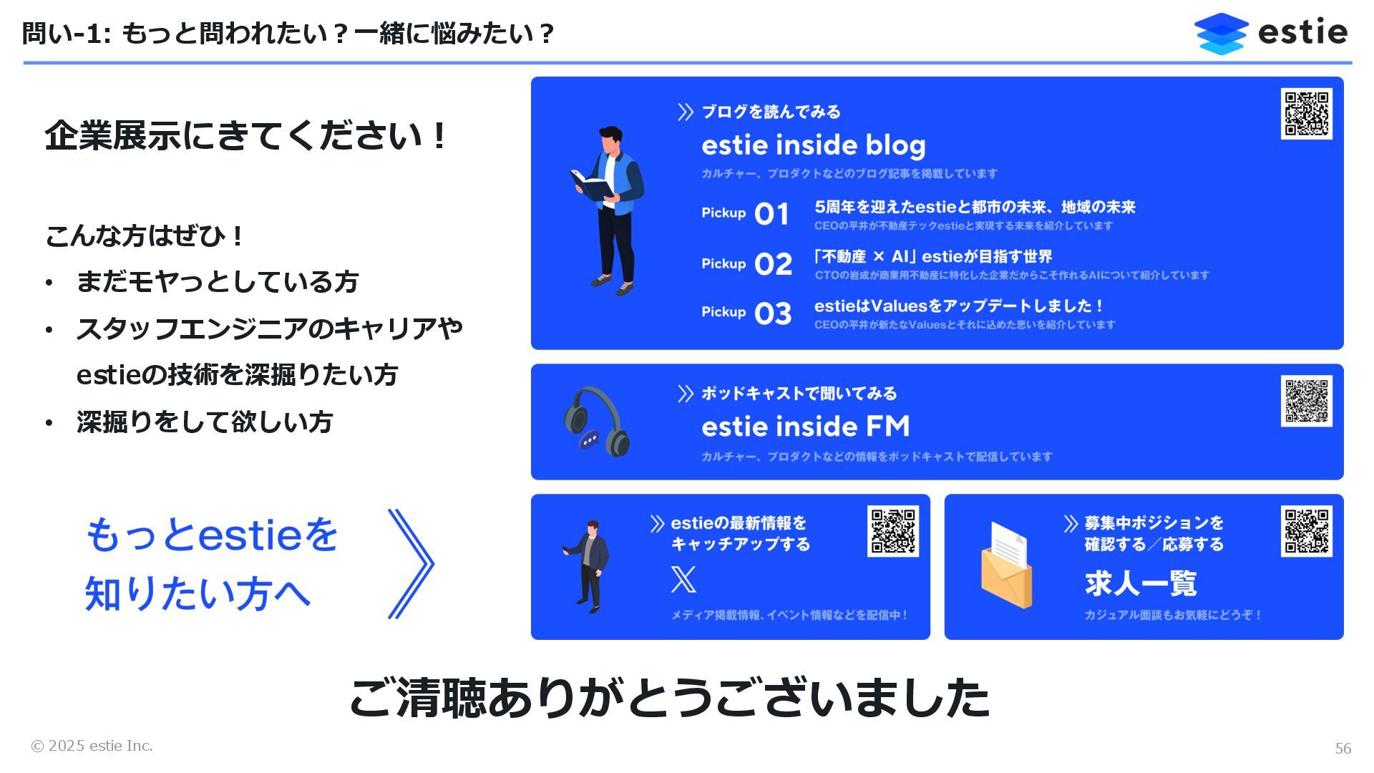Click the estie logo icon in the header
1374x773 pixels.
1221,33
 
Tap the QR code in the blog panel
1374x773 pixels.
1306,114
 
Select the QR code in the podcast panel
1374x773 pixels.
1306,401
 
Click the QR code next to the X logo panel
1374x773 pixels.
893,531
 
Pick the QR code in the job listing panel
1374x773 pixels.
1306,531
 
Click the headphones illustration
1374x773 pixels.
596,422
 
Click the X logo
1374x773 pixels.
683,579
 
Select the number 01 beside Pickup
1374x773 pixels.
771,214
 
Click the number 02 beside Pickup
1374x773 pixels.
773,265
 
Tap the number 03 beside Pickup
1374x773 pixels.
773,313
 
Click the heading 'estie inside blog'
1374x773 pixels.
813,145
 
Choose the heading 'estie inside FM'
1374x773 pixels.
805,427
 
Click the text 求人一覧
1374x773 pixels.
1141,583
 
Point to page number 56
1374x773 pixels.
1343,749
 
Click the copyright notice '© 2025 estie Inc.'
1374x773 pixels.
92,746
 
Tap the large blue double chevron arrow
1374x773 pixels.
411,564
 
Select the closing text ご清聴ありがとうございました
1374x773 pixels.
669,698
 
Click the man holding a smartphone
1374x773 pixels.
588,565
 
